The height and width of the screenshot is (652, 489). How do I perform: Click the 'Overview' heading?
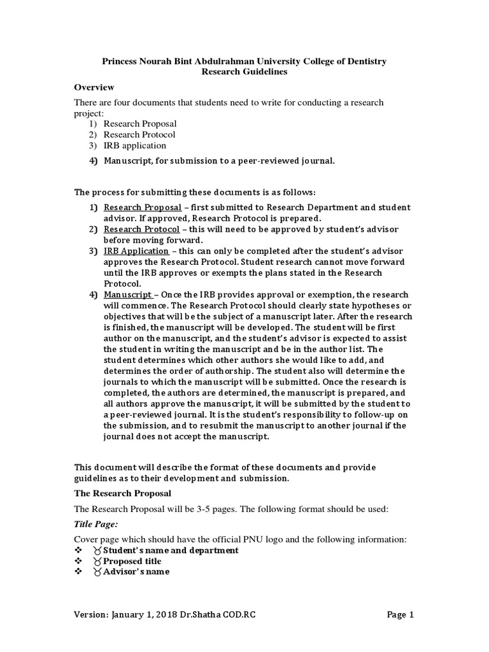94,87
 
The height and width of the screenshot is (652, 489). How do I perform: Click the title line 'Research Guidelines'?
244,72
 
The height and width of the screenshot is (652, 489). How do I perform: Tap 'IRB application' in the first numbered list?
134,145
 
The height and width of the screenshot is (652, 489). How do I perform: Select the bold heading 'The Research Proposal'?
123,493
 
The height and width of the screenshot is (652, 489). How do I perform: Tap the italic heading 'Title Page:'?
96,523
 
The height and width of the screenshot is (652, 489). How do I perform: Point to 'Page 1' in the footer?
400,615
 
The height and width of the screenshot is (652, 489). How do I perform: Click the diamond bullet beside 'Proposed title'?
78,561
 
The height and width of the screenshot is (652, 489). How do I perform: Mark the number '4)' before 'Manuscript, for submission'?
92,160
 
